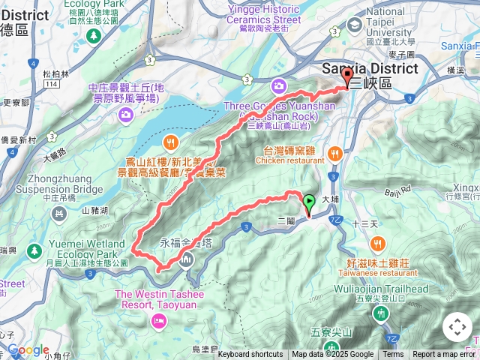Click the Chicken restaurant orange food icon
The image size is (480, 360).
tap(334, 154)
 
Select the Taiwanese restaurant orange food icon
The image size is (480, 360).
tap(376, 243)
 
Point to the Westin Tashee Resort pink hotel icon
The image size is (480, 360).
tap(158, 321)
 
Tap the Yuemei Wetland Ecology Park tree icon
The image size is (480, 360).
tap(33, 250)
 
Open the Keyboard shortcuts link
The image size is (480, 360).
tap(250, 355)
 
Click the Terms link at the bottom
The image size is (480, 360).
tap(393, 355)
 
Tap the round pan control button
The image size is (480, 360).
tap(457, 327)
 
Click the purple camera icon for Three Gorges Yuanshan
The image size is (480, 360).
tap(279, 86)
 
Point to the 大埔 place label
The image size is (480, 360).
tap(331, 200)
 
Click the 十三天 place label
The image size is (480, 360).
tap(361, 224)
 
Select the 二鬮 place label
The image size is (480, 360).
tap(286, 222)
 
